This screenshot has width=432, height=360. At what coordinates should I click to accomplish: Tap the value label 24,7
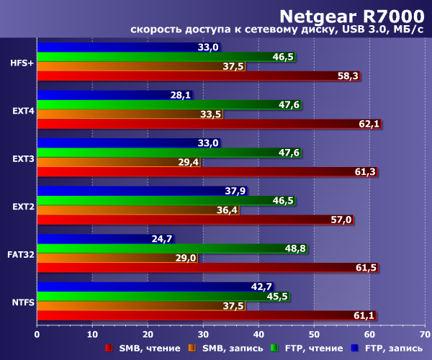(162, 238)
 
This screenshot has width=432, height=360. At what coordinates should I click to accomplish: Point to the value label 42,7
(261, 287)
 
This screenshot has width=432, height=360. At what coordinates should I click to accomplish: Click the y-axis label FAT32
(20, 254)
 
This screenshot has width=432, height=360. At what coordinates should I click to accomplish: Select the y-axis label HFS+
(21, 63)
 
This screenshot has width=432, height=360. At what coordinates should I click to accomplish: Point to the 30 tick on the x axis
(202, 334)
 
